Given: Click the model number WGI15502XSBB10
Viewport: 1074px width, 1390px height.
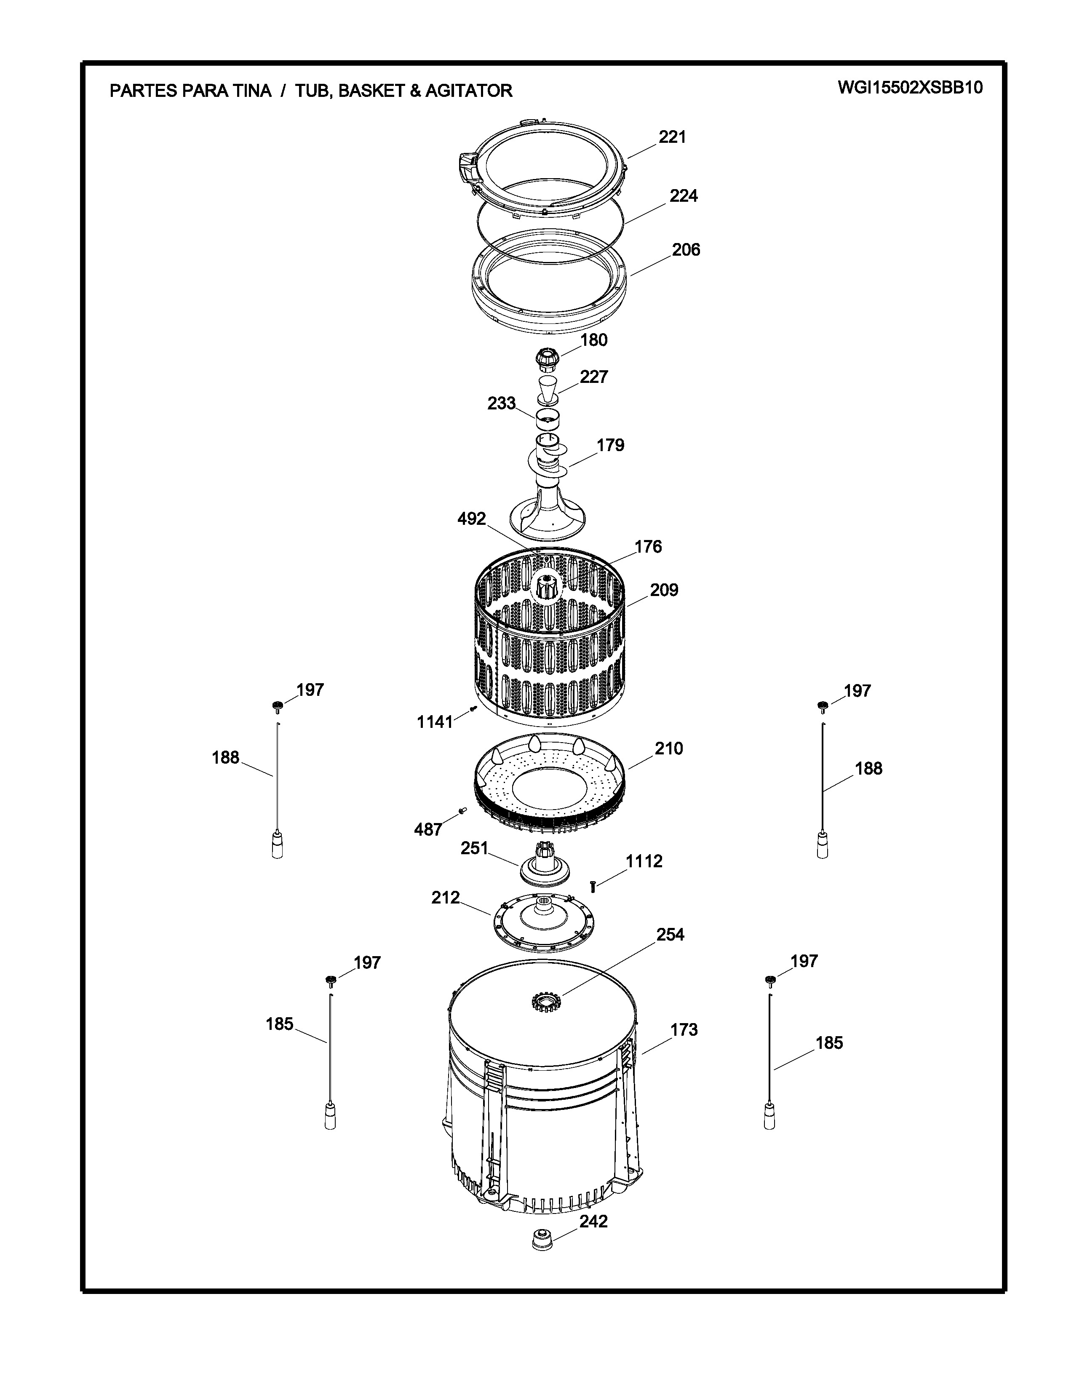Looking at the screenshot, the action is [910, 88].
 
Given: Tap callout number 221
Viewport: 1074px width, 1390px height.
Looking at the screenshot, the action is [672, 137].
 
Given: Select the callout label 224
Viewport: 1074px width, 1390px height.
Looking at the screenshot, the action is [683, 196].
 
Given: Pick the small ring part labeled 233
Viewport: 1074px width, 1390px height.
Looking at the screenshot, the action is [547, 419].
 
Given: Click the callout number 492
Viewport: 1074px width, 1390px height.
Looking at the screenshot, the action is [471, 519].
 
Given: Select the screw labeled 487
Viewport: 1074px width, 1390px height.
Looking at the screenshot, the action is [462, 810].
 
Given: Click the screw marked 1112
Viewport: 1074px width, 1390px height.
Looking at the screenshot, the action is [593, 886].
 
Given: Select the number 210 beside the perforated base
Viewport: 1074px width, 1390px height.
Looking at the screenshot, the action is [669, 748].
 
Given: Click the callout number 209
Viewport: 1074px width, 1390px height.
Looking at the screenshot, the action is [664, 590].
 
